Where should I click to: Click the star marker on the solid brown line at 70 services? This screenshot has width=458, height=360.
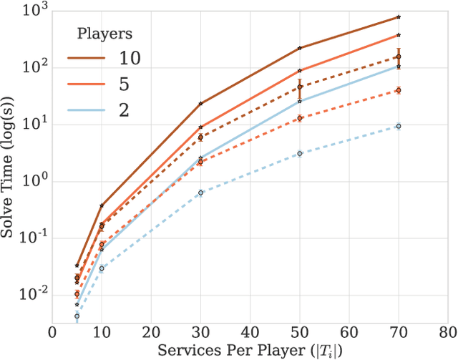(399, 16)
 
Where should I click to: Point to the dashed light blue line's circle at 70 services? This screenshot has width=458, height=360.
(399, 126)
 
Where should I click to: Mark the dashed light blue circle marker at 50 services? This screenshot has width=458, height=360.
(299, 153)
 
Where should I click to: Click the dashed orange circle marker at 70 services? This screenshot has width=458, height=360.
(399, 90)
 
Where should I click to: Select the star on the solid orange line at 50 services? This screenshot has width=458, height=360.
(299, 71)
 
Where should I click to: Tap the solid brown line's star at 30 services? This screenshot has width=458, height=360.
(200, 103)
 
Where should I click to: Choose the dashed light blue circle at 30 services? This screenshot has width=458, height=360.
(200, 193)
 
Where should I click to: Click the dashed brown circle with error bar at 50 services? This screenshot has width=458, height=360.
(299, 87)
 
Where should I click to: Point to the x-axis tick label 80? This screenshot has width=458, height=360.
(448, 334)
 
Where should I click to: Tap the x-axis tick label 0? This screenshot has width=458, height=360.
(52, 334)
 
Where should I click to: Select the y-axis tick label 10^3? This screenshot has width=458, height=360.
(33, 10)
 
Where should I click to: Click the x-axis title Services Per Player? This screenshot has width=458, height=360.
(250, 351)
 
